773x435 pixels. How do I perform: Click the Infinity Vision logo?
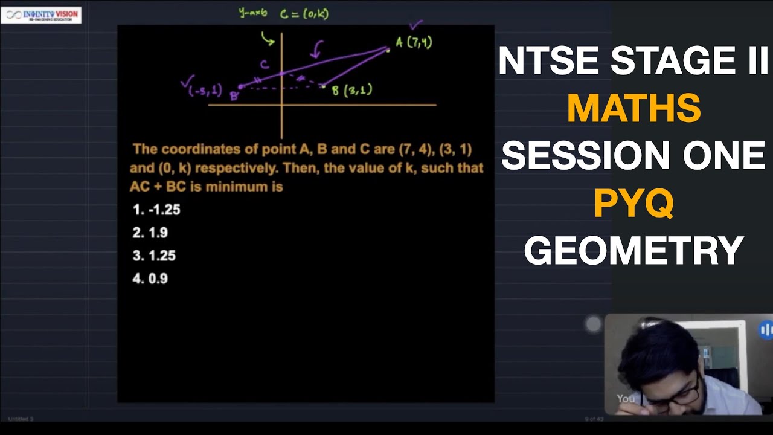click(41, 15)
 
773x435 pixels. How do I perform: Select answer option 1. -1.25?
click(156, 210)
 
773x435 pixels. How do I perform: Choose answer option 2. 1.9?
click(150, 233)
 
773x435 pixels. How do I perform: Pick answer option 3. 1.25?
click(154, 256)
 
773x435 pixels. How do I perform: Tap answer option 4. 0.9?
click(150, 279)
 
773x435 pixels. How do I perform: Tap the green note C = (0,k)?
click(304, 13)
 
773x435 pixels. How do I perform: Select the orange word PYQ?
click(633, 204)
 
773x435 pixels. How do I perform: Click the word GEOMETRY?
click(633, 251)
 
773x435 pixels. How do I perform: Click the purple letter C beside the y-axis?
click(265, 65)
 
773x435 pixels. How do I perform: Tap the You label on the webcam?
click(626, 398)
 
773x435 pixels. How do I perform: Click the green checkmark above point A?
click(416, 25)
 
